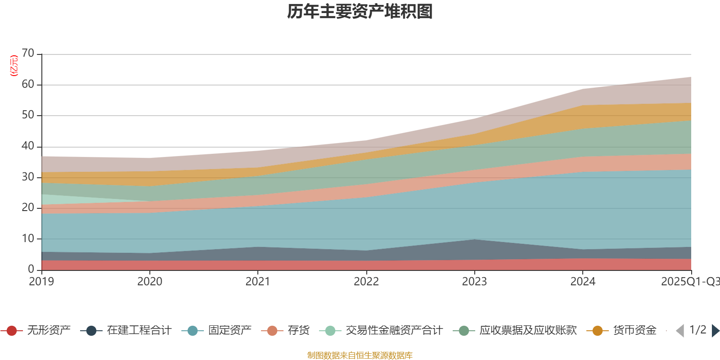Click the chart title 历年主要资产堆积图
360,12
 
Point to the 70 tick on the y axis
28,54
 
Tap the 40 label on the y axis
28,146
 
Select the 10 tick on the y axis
28,238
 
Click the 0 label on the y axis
31,269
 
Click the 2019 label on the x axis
41,282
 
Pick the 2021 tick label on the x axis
257,282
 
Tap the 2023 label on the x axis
474,282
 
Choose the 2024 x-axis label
583,282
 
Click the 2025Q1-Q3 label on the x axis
689,282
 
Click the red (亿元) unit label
14,66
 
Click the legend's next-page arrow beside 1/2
715,331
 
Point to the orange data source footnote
360,355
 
